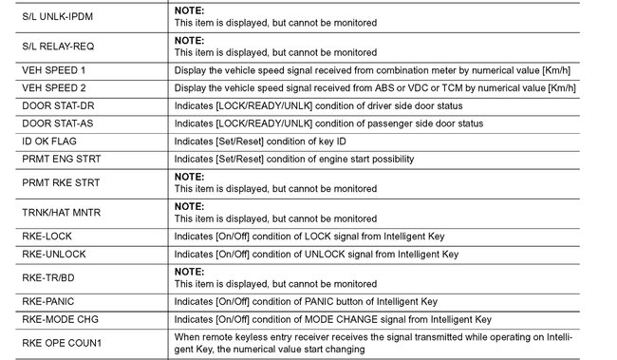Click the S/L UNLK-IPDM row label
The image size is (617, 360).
[58, 17]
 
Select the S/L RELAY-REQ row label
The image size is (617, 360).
[56, 46]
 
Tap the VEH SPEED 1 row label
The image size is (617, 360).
[53, 70]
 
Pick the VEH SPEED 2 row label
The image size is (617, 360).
[53, 88]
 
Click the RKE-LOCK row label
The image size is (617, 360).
[47, 237]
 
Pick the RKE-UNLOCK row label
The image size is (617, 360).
[53, 255]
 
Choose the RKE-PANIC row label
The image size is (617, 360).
[47, 300]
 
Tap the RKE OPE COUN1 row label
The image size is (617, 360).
[61, 342]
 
